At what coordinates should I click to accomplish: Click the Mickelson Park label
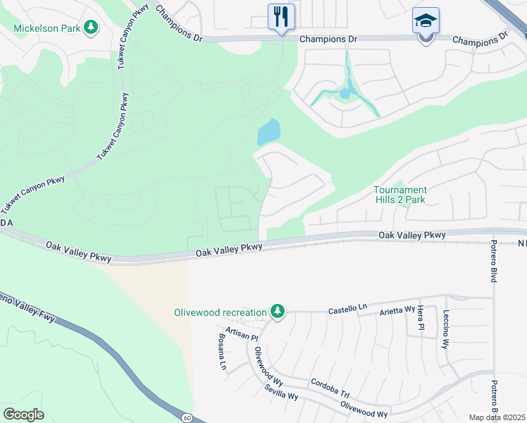[x=46, y=28]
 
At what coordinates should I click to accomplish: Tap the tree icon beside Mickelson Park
[x=90, y=27]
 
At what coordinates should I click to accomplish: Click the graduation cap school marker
[x=426, y=21]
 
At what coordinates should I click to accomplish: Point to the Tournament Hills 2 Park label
[x=399, y=195]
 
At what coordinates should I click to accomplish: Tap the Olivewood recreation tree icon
[x=278, y=311]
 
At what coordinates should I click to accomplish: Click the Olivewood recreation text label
[x=221, y=312]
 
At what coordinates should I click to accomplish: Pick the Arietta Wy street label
[x=399, y=309]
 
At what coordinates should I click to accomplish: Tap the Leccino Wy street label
[x=445, y=334]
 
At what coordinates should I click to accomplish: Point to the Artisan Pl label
[x=242, y=333]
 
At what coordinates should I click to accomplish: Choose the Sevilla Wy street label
[x=281, y=392]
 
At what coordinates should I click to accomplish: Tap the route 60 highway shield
[x=186, y=417]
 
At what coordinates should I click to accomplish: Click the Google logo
[x=23, y=415]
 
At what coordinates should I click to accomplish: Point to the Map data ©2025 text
[x=497, y=417]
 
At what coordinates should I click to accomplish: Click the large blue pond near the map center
[x=269, y=131]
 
